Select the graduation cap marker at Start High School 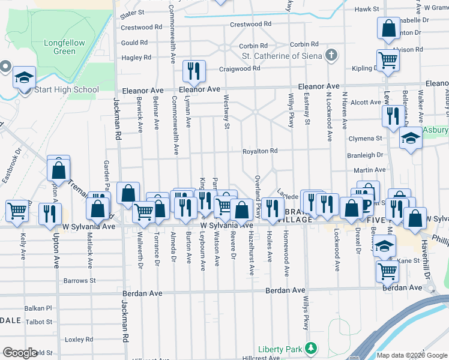click(x=25, y=78)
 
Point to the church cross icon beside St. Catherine click(x=330, y=56)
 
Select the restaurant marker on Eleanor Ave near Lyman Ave click(x=194, y=72)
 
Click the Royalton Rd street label click(x=260, y=151)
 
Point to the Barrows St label click(x=80, y=280)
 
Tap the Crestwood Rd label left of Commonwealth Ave click(x=142, y=27)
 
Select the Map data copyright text click(x=411, y=355)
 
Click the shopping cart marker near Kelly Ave click(x=17, y=210)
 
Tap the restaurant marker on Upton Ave click(x=50, y=214)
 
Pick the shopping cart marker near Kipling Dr click(x=388, y=61)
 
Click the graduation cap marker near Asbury click(x=411, y=137)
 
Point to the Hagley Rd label click(x=136, y=58)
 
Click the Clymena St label click(x=367, y=139)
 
